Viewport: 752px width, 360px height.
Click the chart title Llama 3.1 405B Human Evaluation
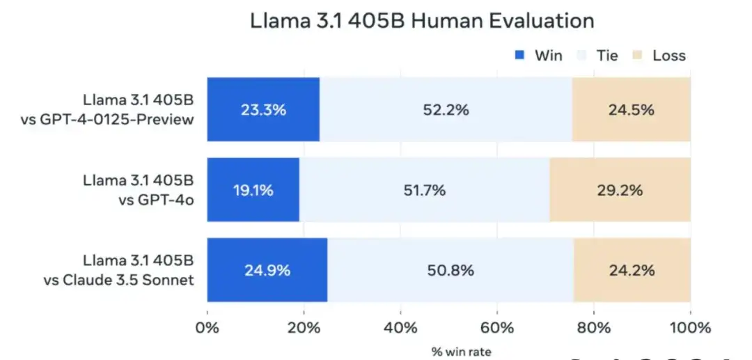coord(422,21)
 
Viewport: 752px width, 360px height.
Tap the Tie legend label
coord(607,55)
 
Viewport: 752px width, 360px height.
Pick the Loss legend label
coord(668,55)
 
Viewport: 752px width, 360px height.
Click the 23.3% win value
coord(263,109)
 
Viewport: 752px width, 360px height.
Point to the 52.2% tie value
coord(446,109)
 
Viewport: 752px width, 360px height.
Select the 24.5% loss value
coord(632,109)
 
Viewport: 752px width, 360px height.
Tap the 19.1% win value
coord(253,189)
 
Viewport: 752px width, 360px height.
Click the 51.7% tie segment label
coord(425,189)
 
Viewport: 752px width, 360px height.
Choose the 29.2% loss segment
coord(620,189)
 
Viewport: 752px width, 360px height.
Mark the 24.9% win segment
coord(267,270)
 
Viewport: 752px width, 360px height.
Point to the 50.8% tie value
coord(451,270)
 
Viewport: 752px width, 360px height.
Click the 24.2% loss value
coord(632,270)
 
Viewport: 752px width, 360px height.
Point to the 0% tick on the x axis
coord(207,327)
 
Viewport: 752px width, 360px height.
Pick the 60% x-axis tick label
coord(497,327)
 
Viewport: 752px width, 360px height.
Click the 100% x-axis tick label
coord(689,327)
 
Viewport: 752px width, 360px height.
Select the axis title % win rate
coord(461,352)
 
